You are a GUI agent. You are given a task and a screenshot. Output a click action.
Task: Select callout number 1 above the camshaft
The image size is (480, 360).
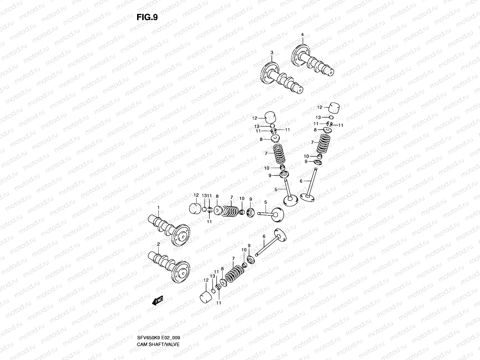(158, 207)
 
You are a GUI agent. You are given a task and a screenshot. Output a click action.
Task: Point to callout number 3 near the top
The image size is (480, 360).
(272, 52)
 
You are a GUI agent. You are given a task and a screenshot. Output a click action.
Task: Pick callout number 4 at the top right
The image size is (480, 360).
(302, 34)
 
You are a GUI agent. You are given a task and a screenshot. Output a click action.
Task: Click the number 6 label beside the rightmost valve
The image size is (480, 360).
(301, 181)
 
